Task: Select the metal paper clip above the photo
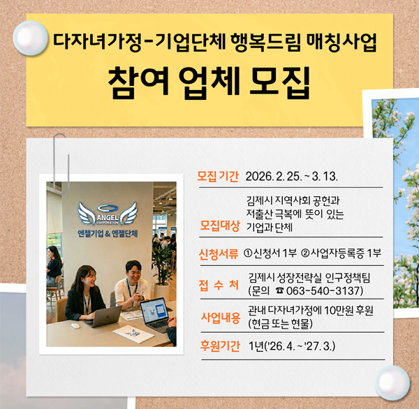tap(59, 151)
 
